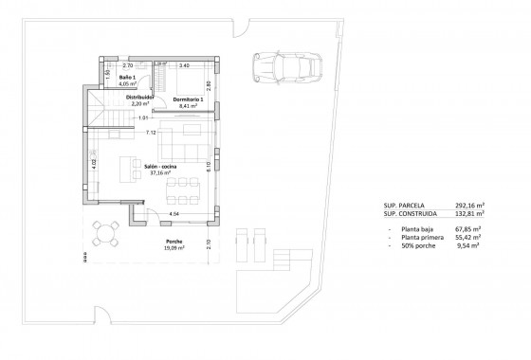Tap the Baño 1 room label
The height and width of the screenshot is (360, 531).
click(115, 78)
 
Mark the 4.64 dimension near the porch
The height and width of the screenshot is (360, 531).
click(174, 215)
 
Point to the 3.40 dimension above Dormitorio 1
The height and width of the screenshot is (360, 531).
click(184, 65)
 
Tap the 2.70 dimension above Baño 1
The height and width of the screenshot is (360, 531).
click(127, 65)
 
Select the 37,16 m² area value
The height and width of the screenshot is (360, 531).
click(158, 173)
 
